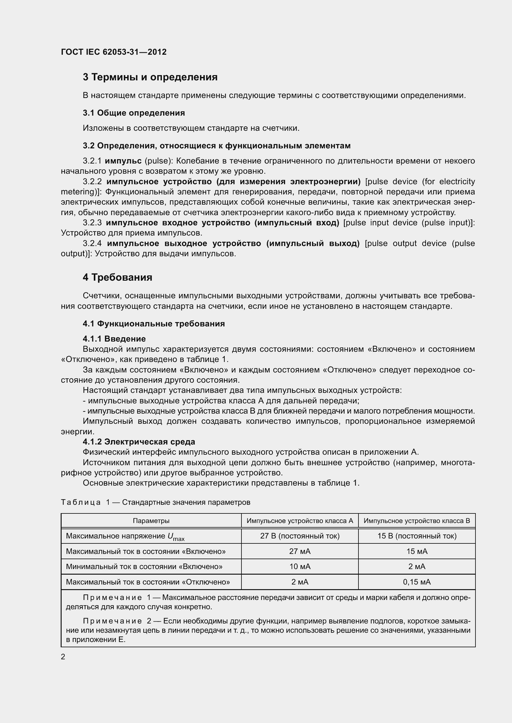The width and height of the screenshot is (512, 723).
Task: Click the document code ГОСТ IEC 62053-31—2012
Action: [x=114, y=52]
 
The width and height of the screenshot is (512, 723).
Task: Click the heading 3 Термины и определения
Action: [x=150, y=77]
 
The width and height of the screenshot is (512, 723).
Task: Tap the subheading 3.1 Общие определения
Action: [x=134, y=113]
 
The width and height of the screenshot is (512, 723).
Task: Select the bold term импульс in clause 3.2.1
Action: [x=123, y=161]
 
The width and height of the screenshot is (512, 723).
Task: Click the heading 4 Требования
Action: [x=117, y=277]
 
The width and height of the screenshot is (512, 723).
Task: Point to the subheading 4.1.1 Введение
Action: [x=114, y=339]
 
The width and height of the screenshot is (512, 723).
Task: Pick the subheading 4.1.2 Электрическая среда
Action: [x=139, y=442]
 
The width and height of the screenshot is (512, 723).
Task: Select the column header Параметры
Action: [x=151, y=521]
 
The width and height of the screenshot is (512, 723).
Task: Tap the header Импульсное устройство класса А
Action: [x=300, y=521]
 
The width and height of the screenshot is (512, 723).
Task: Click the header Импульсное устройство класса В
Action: [x=417, y=521]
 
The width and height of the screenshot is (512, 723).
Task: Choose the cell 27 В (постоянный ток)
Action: [x=300, y=536]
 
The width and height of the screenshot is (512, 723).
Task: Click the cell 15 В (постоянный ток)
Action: [x=417, y=536]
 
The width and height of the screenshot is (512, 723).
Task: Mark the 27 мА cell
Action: [x=300, y=551]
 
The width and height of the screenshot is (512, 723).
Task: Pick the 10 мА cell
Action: [x=300, y=567]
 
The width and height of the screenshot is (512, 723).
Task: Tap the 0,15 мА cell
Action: [x=417, y=582]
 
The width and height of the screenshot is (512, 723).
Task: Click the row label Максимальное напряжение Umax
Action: [x=125, y=536]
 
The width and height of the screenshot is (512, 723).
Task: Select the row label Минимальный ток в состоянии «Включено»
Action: [x=144, y=567]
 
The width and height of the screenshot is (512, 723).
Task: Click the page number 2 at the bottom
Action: [x=63, y=657]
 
